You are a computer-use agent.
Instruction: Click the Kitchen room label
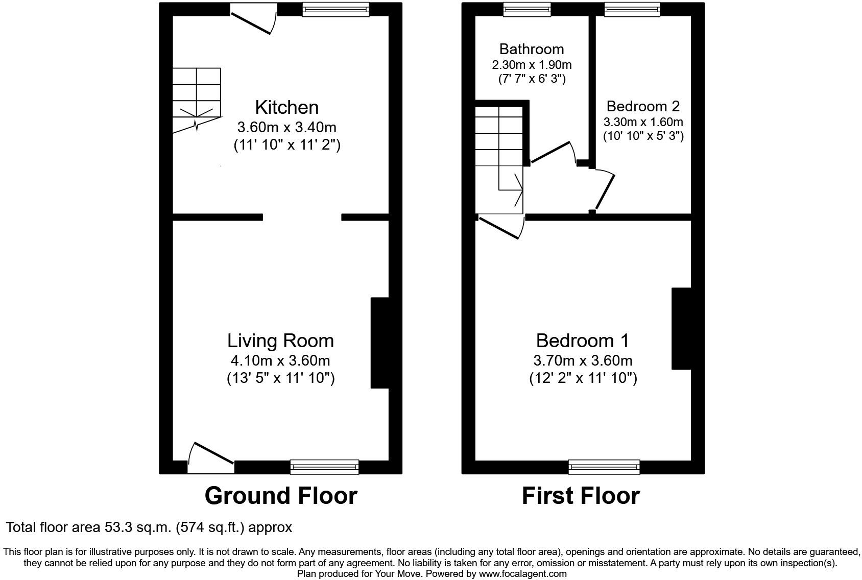286,107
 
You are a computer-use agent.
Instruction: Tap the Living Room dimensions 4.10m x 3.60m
280,360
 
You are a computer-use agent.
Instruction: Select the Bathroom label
532,49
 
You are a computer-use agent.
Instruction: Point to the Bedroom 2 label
643,106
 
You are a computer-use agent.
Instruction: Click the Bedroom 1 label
583,340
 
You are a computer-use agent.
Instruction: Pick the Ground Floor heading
280,496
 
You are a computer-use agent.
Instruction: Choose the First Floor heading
581,496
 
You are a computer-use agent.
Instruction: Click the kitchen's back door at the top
253,19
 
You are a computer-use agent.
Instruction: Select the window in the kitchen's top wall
335,10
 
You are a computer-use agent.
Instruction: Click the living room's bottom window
324,467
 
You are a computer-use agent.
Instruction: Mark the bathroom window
526,10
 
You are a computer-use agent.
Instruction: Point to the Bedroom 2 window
632,10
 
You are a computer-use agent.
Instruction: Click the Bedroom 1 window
604,467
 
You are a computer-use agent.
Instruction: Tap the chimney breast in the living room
379,343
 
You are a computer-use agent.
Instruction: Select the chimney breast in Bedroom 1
681,328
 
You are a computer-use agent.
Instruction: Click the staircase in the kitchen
197,100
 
